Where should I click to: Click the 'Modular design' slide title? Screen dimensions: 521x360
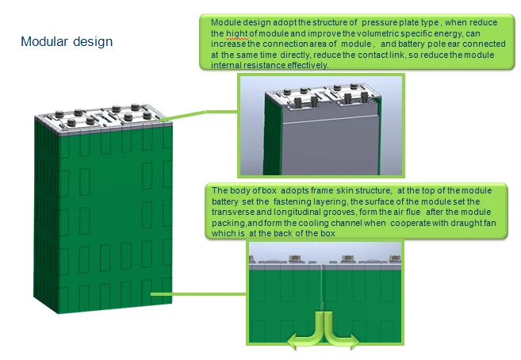click(67, 42)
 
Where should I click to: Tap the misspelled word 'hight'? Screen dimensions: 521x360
click(237, 33)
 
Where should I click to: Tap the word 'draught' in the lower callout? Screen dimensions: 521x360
click(467, 223)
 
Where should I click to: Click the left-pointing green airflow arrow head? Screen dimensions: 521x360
click(293, 342)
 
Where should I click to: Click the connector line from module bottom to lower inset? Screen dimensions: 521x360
click(199, 294)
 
